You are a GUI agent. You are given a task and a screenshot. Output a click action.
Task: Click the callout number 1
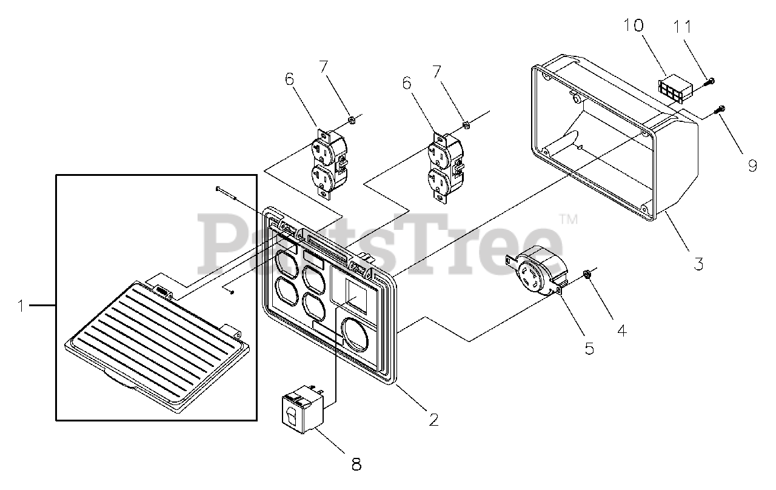21,306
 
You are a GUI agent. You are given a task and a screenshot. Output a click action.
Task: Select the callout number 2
433,419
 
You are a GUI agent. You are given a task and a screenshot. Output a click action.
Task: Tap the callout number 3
698,264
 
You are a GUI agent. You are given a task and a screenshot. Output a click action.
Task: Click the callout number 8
356,465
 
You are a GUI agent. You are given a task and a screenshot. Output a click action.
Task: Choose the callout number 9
752,165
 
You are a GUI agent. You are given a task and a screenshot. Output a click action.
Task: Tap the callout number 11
683,27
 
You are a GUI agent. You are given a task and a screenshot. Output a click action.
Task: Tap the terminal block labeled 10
672,89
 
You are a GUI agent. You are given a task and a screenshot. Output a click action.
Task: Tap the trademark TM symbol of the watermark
568,219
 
